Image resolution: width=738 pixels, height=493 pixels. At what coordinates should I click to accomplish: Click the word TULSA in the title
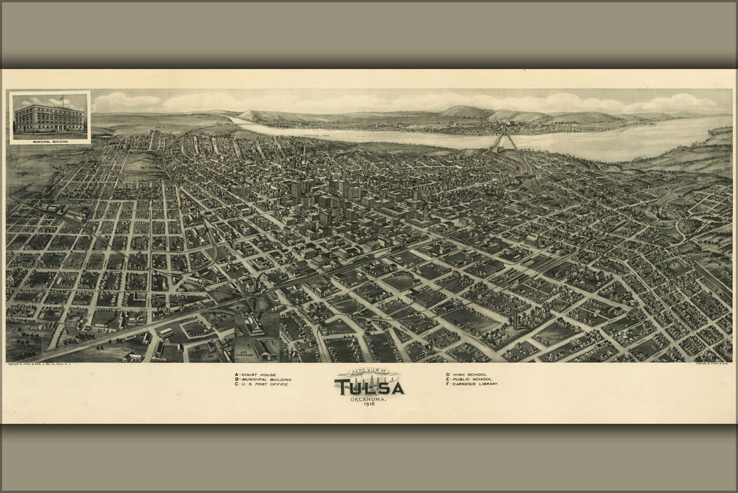pos(369,388)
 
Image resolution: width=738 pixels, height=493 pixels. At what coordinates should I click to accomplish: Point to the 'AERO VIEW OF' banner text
pos(369,374)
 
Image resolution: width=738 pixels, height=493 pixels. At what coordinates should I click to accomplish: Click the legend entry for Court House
pos(256,375)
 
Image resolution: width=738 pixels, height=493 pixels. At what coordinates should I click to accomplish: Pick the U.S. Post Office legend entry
pos(261,385)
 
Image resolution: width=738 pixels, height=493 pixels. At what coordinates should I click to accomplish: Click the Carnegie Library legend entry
pos(472,385)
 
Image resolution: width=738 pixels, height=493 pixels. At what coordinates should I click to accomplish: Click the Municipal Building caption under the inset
pos(50,141)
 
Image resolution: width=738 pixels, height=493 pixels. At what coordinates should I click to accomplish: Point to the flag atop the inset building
pos(61,99)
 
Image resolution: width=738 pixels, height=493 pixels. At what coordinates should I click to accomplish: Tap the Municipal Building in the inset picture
pos(48,118)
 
